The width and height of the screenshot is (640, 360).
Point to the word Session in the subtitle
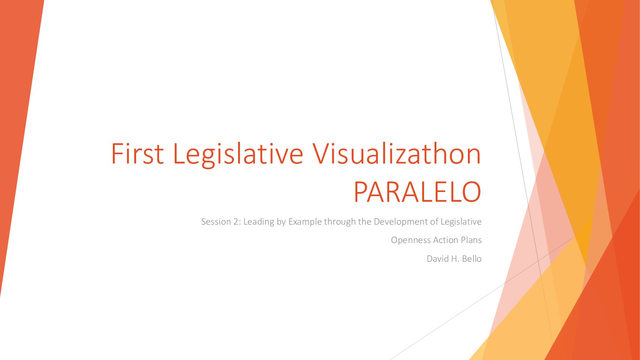(216, 222)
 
